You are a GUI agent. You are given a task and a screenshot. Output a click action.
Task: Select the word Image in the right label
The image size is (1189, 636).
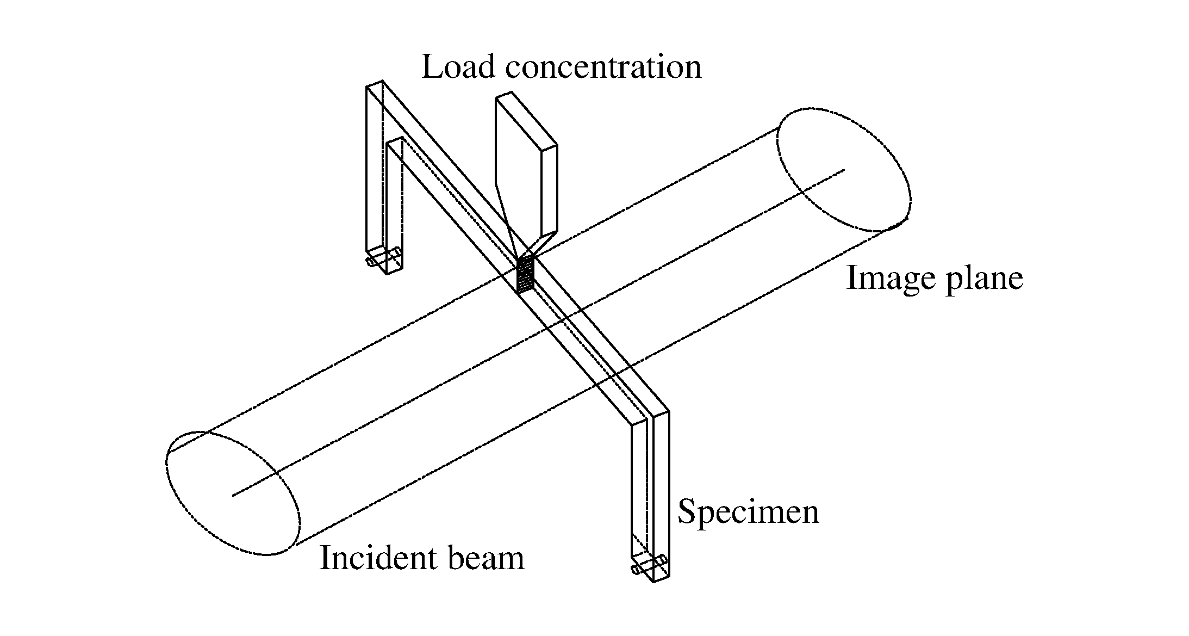click(889, 279)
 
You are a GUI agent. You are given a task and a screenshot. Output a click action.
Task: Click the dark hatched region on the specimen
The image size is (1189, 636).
click(525, 275)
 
